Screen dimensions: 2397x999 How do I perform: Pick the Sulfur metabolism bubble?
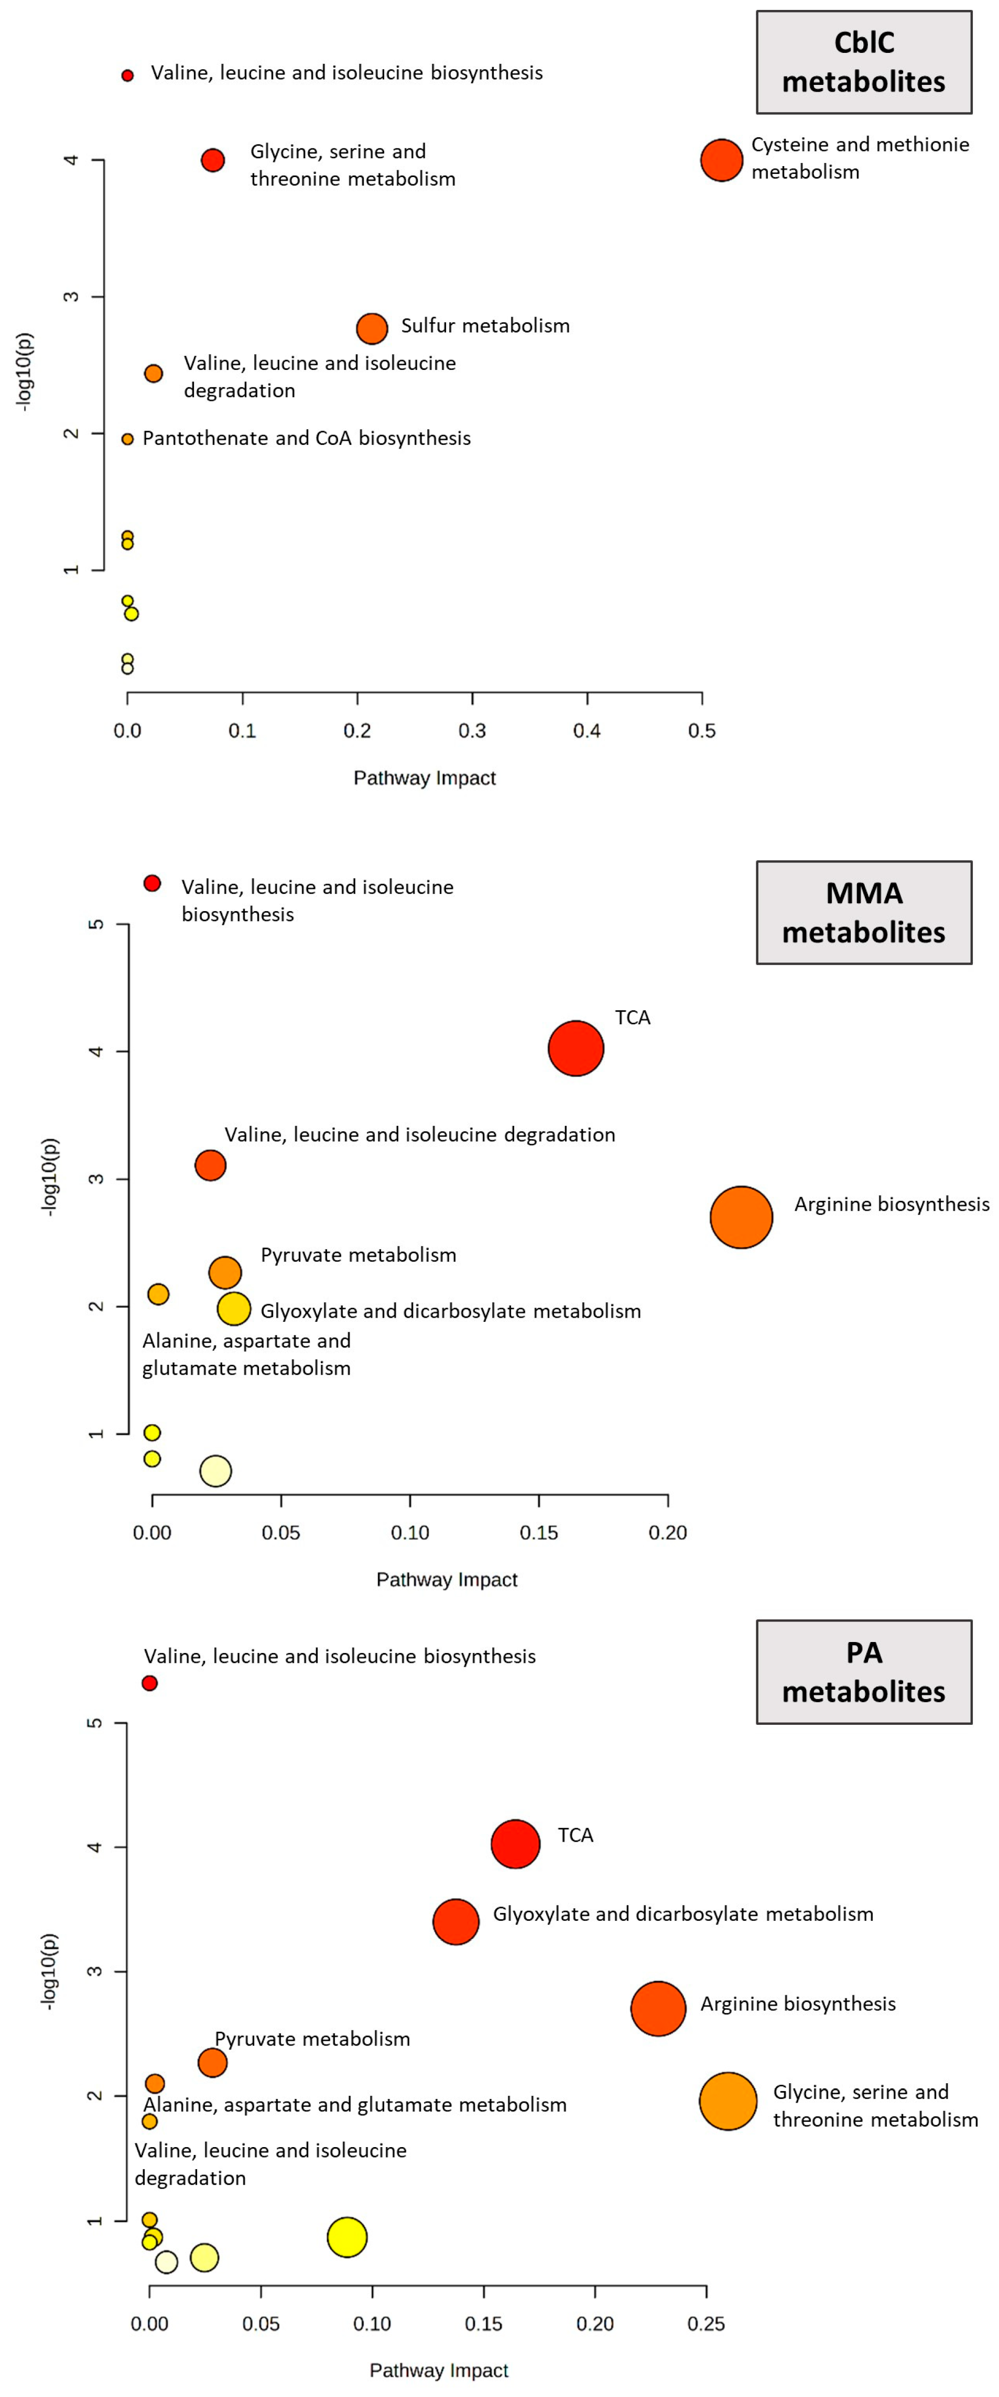point(372,327)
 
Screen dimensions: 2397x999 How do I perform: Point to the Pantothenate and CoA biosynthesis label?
point(306,439)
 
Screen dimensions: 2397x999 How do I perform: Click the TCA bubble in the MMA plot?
point(575,1048)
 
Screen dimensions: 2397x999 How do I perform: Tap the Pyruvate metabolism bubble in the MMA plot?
point(224,1272)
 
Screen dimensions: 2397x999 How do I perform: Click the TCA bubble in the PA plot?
point(515,1843)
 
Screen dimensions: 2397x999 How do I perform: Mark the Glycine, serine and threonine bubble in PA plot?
point(727,2100)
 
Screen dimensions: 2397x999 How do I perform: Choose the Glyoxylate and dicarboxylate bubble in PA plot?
point(455,1921)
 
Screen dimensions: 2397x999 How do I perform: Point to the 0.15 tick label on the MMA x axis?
point(538,1533)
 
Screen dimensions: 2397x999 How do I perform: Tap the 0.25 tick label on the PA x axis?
point(705,2324)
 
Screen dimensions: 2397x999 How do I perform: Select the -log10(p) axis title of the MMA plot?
point(49,1177)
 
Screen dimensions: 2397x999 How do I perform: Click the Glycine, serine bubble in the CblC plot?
point(212,160)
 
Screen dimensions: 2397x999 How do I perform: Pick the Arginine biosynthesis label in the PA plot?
point(797,2004)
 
